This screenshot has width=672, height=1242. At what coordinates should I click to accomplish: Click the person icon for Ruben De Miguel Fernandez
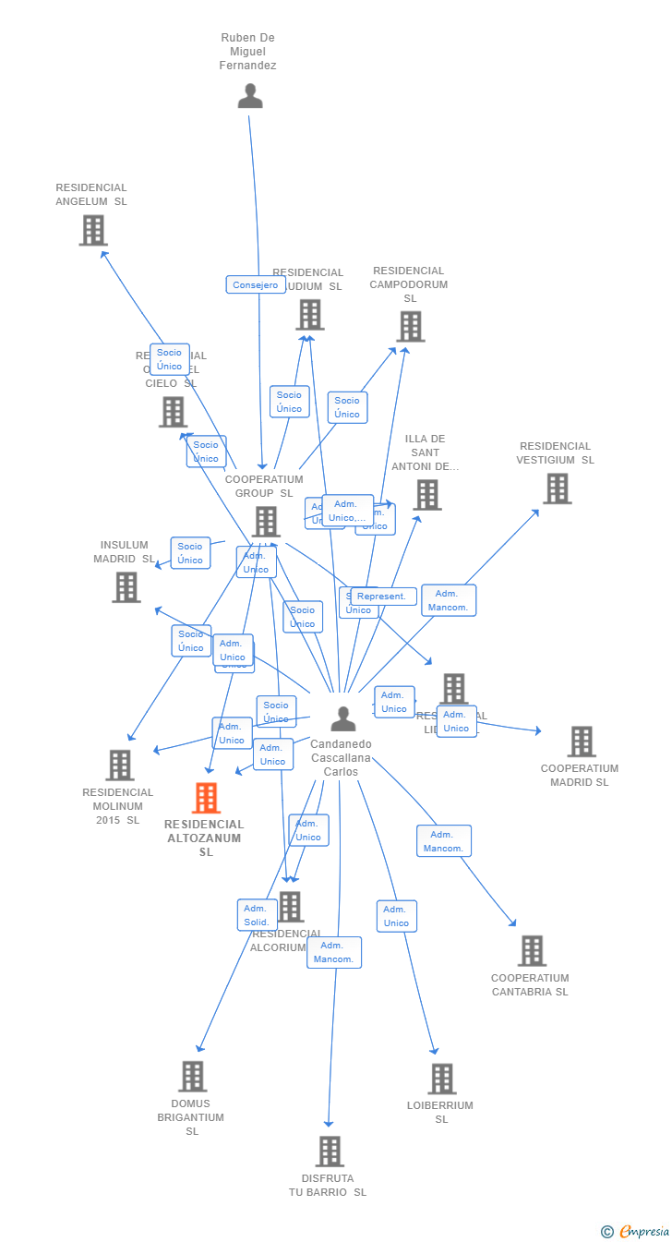point(250,96)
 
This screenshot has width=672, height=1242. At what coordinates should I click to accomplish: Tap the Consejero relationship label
point(256,284)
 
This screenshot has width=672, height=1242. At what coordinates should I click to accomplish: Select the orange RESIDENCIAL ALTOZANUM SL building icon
point(206,798)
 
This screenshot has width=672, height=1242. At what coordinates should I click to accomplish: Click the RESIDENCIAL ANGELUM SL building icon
point(93,230)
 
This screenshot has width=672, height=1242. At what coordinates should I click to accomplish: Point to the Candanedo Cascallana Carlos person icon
point(343,718)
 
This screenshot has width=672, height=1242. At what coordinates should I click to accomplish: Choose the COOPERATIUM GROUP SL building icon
point(266,522)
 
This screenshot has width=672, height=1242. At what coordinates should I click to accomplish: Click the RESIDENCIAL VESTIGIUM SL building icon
point(558,488)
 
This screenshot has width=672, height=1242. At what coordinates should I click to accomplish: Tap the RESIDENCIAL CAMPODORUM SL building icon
point(411,326)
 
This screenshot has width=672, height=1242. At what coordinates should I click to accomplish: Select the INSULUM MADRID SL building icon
point(126,587)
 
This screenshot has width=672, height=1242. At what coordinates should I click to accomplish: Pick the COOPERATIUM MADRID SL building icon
point(582,742)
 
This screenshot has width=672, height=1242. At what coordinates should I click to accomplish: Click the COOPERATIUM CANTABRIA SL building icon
point(532,951)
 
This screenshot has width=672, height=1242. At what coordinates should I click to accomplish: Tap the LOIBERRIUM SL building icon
point(442,1079)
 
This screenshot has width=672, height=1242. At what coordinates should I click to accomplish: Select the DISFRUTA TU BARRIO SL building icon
point(330,1152)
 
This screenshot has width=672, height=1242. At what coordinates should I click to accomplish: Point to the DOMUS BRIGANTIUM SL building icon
point(192,1076)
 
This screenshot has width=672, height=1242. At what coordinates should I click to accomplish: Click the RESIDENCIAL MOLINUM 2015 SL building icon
point(120,765)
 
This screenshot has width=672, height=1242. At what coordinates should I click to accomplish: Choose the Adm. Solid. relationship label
point(258,915)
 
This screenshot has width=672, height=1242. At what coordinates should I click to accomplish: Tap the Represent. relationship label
point(382,597)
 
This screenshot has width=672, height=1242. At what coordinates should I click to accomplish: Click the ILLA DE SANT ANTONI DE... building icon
point(426,495)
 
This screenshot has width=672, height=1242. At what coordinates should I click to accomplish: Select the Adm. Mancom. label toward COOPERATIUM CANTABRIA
point(444,841)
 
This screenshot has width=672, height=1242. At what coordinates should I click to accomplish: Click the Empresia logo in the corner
point(636,1231)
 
